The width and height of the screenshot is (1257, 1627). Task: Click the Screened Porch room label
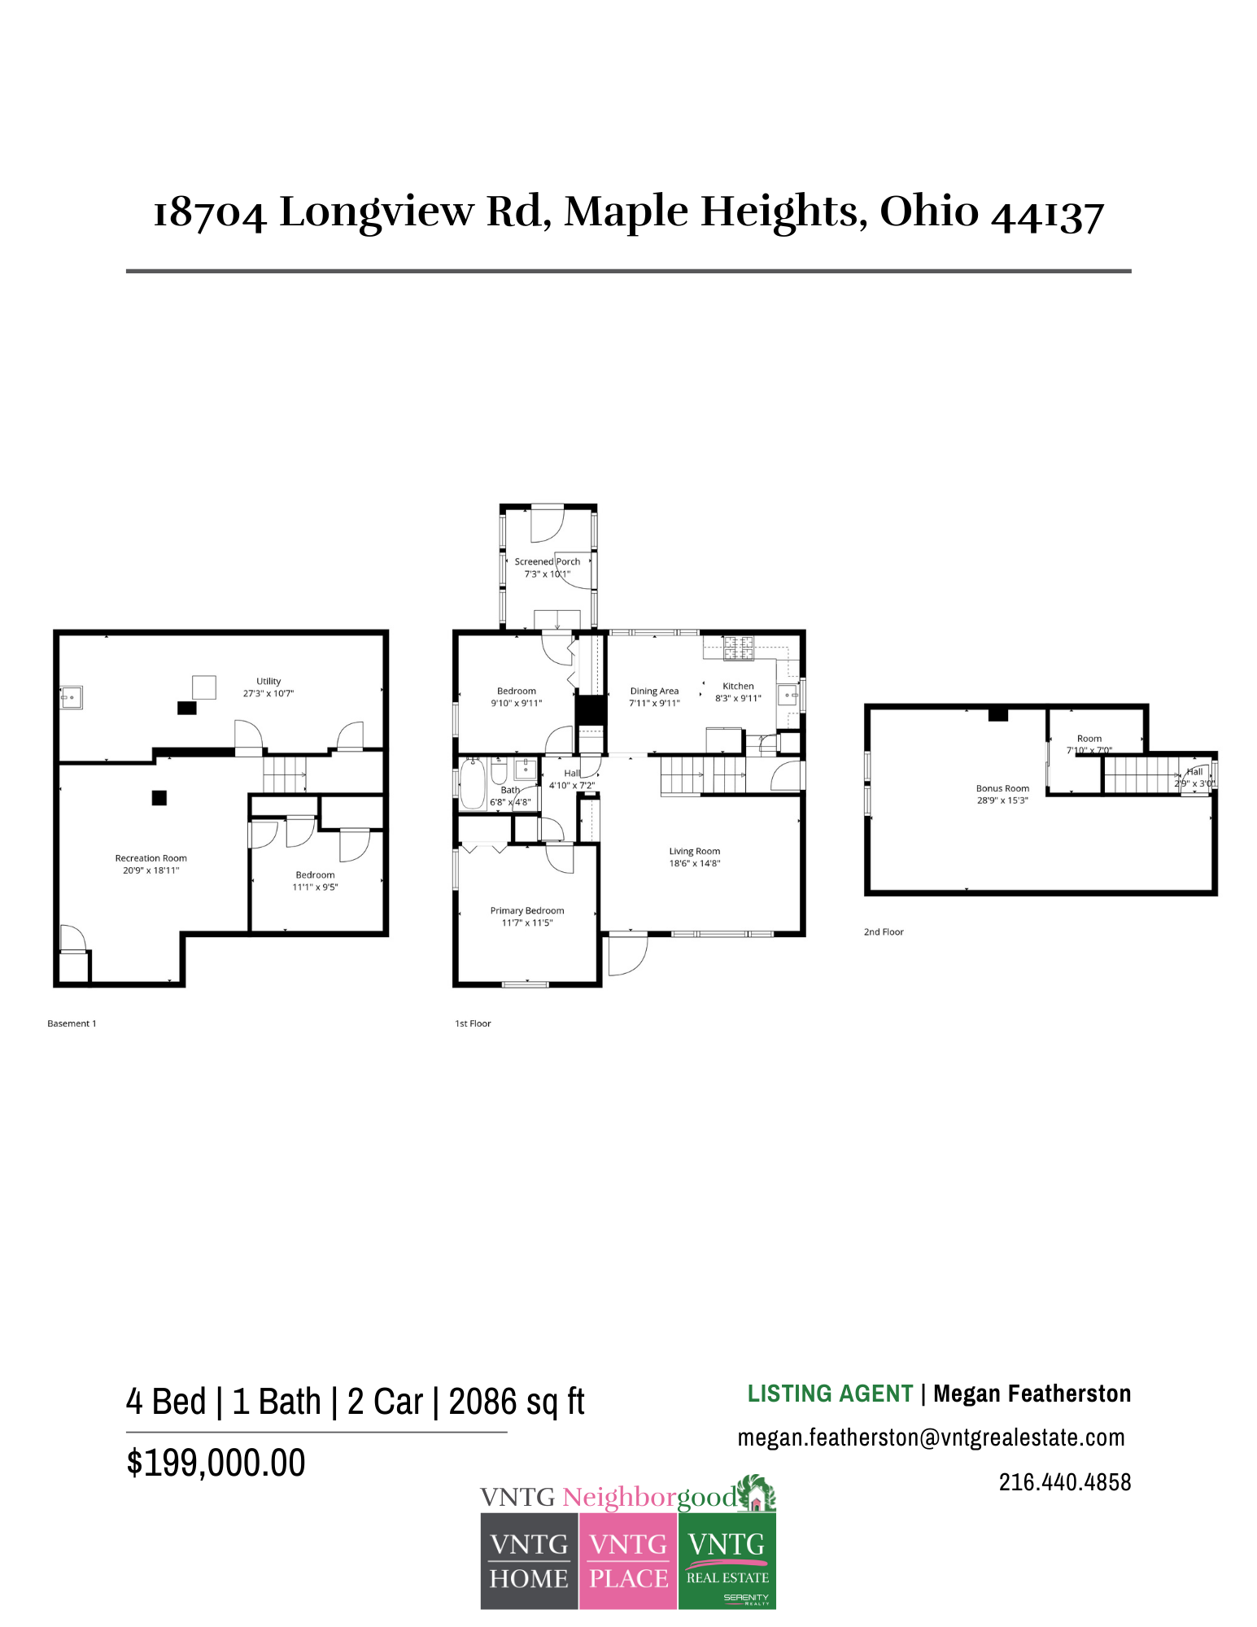[x=547, y=561]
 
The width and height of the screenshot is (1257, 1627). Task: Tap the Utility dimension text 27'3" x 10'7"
[x=268, y=694]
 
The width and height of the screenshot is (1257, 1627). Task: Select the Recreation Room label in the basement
[x=151, y=858]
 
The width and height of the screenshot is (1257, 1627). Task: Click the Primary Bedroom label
[x=526, y=910]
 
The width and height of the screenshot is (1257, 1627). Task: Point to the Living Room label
[x=694, y=851]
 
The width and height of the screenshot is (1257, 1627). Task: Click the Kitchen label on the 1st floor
[x=738, y=686]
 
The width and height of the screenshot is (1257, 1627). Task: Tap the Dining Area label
[x=654, y=691]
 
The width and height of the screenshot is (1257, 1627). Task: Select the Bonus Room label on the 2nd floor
[x=1002, y=788]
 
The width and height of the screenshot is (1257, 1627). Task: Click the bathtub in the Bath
[x=473, y=783]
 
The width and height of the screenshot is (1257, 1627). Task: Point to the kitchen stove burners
[x=739, y=647]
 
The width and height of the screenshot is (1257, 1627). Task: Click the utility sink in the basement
[x=71, y=697]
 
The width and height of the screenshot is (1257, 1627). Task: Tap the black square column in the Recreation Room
[x=159, y=798]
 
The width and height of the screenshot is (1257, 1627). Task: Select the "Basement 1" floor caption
[x=72, y=1023]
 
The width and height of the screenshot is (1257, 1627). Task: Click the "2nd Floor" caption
[x=884, y=931]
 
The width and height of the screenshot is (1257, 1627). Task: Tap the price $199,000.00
[x=216, y=1463]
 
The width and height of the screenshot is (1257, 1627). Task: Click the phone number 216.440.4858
[x=1064, y=1482]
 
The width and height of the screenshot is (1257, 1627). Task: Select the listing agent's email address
[x=931, y=1437]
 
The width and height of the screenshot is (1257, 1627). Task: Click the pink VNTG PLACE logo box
[x=628, y=1561]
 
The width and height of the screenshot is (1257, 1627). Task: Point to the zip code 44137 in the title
[x=1047, y=214]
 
